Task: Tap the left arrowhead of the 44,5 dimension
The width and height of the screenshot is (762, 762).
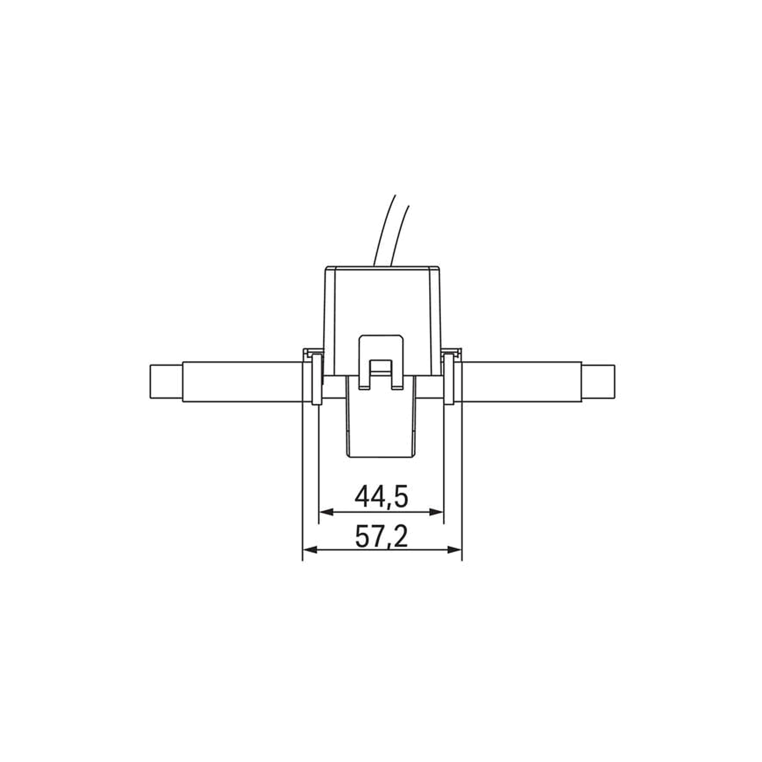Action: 326,512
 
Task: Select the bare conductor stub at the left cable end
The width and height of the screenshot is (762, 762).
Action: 166,381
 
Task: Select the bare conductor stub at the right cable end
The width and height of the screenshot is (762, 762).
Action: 598,381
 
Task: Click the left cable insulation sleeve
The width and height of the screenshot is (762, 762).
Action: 241,381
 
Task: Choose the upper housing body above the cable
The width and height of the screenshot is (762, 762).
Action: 381,300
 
